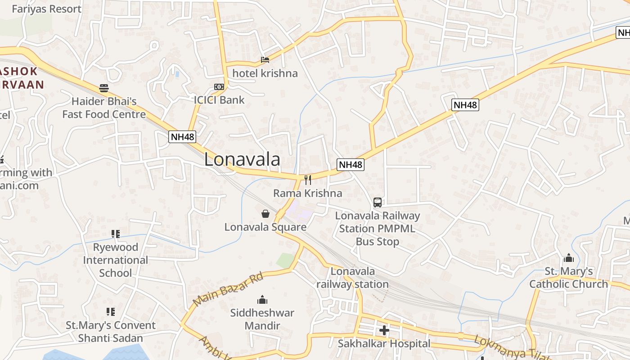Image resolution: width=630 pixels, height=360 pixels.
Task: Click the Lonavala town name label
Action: pyautogui.click(x=242, y=160)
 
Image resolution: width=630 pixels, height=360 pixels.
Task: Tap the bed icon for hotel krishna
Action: pyautogui.click(x=265, y=59)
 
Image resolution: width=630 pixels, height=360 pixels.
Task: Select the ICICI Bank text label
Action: pyautogui.click(x=219, y=100)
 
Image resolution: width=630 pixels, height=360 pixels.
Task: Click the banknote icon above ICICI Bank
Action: pyautogui.click(x=219, y=87)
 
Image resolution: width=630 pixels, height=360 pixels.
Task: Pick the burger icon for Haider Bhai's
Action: pyautogui.click(x=104, y=88)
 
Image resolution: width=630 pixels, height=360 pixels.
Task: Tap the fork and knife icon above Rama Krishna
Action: pyautogui.click(x=308, y=180)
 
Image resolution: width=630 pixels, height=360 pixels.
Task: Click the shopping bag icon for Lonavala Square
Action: pyautogui.click(x=265, y=213)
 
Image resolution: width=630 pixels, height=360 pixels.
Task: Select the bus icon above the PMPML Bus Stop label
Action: pyautogui.click(x=377, y=202)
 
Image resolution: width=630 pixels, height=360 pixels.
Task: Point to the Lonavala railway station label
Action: pyautogui.click(x=352, y=278)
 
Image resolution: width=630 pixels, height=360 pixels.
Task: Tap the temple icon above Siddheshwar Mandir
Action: pyautogui.click(x=262, y=300)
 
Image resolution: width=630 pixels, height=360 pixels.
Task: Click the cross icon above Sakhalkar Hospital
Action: pyautogui.click(x=384, y=331)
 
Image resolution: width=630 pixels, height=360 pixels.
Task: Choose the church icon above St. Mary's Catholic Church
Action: pyautogui.click(x=569, y=258)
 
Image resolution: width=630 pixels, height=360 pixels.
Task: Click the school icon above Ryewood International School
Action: pyautogui.click(x=116, y=234)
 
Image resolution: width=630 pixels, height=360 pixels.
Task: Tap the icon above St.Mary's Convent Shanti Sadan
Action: pyautogui.click(x=111, y=311)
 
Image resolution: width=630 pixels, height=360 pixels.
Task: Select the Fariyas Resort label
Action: pyautogui.click(x=46, y=9)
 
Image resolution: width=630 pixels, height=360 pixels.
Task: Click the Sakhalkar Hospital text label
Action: pyautogui.click(x=384, y=344)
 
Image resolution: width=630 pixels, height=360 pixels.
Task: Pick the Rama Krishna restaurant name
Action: pyautogui.click(x=308, y=193)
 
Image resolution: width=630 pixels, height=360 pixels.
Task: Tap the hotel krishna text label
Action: pyautogui.click(x=265, y=73)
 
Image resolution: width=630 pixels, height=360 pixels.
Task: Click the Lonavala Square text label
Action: pyautogui.click(x=265, y=227)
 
